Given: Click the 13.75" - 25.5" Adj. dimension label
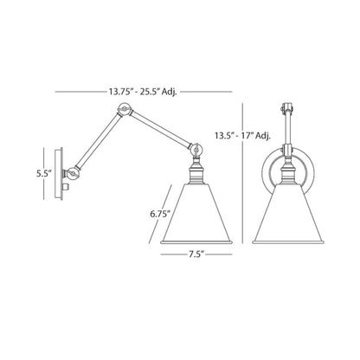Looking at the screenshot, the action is [x=143, y=92].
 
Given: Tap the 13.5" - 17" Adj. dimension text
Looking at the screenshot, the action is [x=242, y=136].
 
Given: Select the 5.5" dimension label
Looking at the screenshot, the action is [x=43, y=174].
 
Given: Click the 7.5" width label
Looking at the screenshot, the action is [x=196, y=254].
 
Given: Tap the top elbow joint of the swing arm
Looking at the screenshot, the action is [x=125, y=109].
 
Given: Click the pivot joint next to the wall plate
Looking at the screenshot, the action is [x=72, y=174].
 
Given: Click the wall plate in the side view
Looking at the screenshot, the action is [x=59, y=174].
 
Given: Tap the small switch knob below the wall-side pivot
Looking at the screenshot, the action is [x=66, y=187].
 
